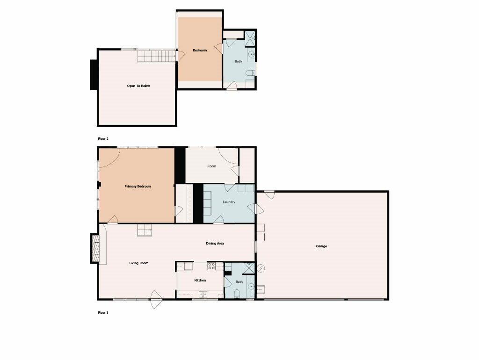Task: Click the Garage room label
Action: click(x=321, y=246)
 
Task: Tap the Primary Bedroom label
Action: click(x=138, y=186)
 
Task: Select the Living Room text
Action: click(x=138, y=263)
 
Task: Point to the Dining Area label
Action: click(x=215, y=244)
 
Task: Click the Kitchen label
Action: click(x=200, y=281)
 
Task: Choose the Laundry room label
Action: click(x=229, y=202)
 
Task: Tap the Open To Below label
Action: click(x=138, y=86)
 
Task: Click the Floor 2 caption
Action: click(x=103, y=139)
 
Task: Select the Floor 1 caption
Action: click(x=103, y=313)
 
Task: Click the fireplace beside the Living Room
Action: click(x=95, y=248)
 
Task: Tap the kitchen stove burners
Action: click(x=211, y=266)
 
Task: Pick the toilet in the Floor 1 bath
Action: click(x=237, y=294)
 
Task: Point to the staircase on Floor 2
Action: click(x=157, y=56)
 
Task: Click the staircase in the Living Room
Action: click(x=145, y=230)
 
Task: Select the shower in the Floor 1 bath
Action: click(x=249, y=268)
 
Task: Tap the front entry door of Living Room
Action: click(x=156, y=299)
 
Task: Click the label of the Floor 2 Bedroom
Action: click(x=200, y=50)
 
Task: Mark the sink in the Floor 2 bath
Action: click(x=251, y=54)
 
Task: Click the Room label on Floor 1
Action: click(x=212, y=166)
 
